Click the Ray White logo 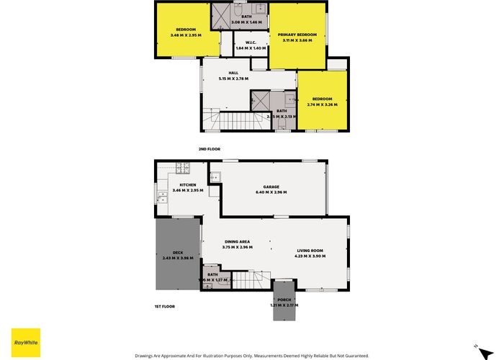coord(24,341)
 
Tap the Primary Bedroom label coord(297,34)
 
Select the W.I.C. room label coord(251,42)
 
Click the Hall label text coord(233,73)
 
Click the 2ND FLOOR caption coord(209,149)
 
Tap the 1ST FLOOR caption coord(165,306)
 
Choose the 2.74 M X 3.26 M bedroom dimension coord(322,104)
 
